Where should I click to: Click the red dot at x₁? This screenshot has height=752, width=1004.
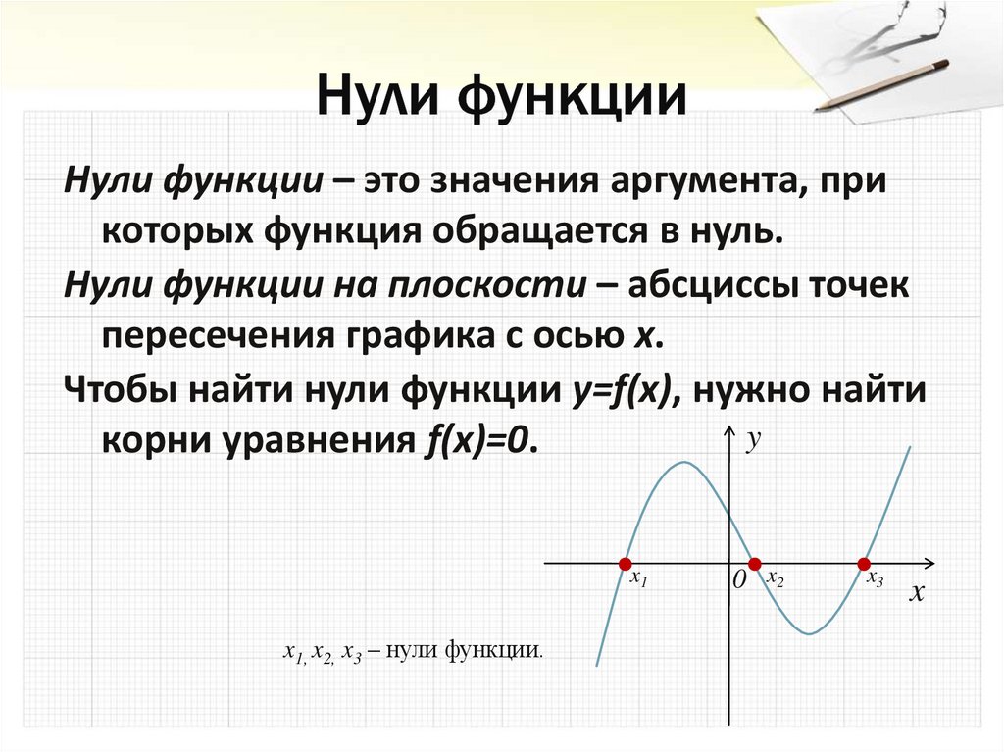pyautogui.click(x=625, y=564)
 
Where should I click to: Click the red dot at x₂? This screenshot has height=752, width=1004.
pyautogui.click(x=754, y=564)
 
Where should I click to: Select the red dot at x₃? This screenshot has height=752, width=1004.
pyautogui.click(x=864, y=564)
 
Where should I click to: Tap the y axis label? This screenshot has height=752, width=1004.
pyautogui.click(x=753, y=442)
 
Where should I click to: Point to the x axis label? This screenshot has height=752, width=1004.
pyautogui.click(x=916, y=593)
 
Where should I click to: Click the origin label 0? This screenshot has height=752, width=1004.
pyautogui.click(x=738, y=581)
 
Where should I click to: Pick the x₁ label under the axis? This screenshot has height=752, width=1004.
pyautogui.click(x=639, y=579)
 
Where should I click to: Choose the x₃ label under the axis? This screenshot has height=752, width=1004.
pyautogui.click(x=875, y=578)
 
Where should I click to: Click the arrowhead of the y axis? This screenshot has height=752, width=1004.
pyautogui.click(x=728, y=431)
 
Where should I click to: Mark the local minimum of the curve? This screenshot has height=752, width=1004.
pyautogui.click(x=809, y=633)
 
